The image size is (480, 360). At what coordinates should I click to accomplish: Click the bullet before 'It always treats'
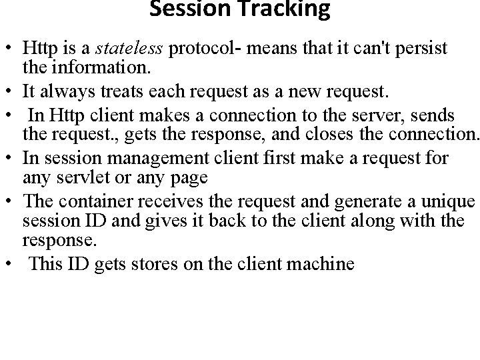11,86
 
